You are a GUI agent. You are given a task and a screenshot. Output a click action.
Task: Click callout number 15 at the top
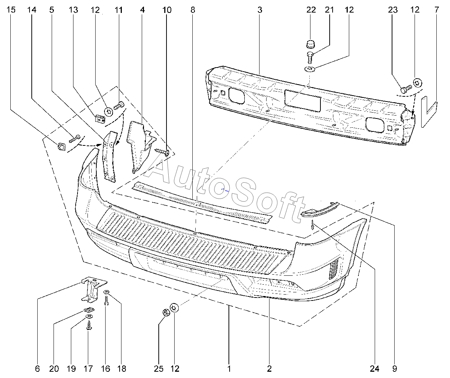click(x=11, y=10)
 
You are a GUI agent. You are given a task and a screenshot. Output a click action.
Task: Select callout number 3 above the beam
click(x=260, y=10)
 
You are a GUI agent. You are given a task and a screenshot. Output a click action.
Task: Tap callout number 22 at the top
click(x=311, y=10)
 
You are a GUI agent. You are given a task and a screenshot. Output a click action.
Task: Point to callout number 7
click(x=437, y=10)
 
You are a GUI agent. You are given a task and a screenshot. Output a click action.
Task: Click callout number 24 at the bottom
click(x=375, y=369)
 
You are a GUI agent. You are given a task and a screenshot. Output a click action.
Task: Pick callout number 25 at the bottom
click(x=159, y=369)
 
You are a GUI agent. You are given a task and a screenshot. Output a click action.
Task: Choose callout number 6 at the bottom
click(x=37, y=369)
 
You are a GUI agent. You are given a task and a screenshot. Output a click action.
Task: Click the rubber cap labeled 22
click(x=310, y=44)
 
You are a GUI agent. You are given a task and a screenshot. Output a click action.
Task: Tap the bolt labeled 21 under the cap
click(x=310, y=58)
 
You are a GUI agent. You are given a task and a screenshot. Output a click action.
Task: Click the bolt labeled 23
click(x=406, y=89)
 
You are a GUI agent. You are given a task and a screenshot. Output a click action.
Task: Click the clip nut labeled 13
click(x=100, y=119)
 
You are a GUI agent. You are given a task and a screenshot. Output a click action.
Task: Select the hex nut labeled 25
click(x=166, y=313)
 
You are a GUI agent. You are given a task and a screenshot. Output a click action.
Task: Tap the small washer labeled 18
click(x=106, y=292)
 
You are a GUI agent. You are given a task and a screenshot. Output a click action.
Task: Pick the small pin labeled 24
click(x=312, y=225)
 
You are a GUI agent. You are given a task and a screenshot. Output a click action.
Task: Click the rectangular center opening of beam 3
click(x=303, y=101)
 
